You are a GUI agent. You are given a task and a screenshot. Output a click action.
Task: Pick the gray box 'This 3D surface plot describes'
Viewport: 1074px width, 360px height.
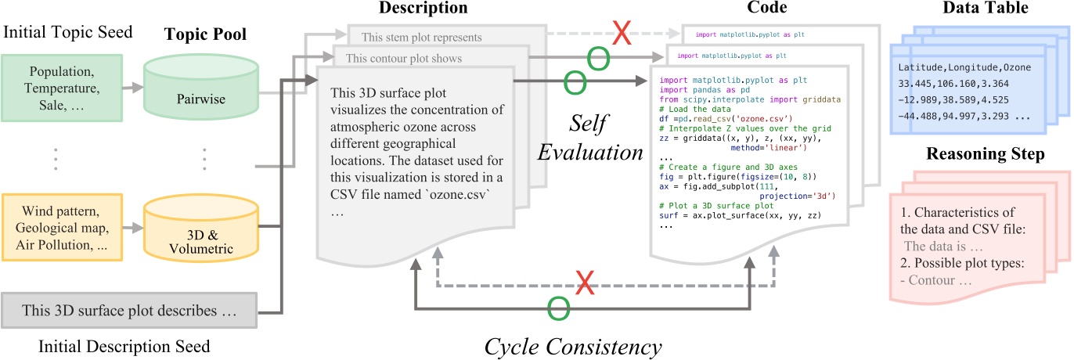click(130, 311)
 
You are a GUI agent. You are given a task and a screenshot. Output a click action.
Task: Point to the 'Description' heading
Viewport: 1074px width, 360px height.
click(423, 10)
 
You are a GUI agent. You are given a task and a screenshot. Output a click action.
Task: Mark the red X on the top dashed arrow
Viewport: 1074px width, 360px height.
click(622, 34)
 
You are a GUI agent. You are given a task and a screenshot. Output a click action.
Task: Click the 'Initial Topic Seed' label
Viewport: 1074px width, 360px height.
click(67, 34)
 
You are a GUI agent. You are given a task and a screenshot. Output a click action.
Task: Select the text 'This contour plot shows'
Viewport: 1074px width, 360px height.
click(404, 58)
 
